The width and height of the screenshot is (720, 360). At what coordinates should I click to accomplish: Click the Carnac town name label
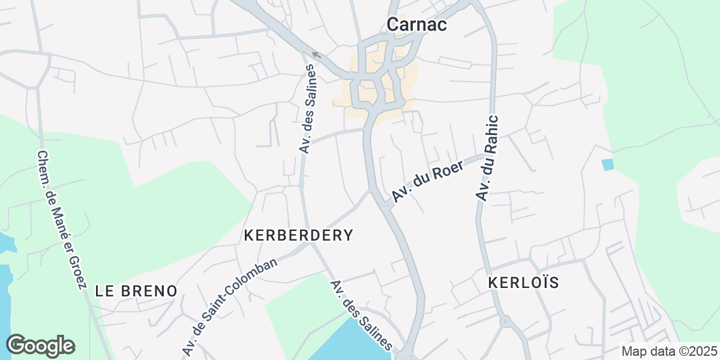pyautogui.click(x=418, y=24)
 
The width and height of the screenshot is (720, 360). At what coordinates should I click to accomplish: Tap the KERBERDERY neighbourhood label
pyautogui.click(x=298, y=235)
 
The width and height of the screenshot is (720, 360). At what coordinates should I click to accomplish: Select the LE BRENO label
pyautogui.click(x=136, y=291)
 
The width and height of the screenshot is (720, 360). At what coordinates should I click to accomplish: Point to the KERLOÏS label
pyautogui.click(x=524, y=283)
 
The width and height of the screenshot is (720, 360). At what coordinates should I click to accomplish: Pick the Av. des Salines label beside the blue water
pyautogui.click(x=361, y=315)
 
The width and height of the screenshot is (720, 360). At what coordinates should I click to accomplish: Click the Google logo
pyautogui.click(x=40, y=346)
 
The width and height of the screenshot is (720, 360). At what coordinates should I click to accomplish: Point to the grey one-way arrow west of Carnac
pyautogui.click(x=316, y=56)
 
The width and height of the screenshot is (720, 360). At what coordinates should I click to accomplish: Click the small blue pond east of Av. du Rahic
pyautogui.click(x=608, y=164)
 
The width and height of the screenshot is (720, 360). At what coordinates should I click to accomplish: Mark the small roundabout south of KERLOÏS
pyautogui.click(x=505, y=322)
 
